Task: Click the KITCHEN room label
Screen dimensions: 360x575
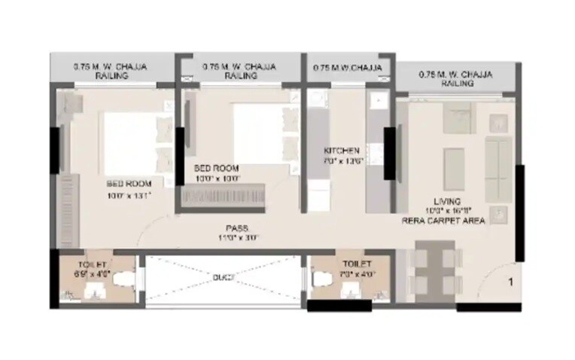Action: coord(336,151)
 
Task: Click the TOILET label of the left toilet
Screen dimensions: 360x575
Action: coord(93,264)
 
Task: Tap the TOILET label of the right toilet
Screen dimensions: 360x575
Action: coord(357,264)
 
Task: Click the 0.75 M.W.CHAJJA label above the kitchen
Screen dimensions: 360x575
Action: coord(347,68)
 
